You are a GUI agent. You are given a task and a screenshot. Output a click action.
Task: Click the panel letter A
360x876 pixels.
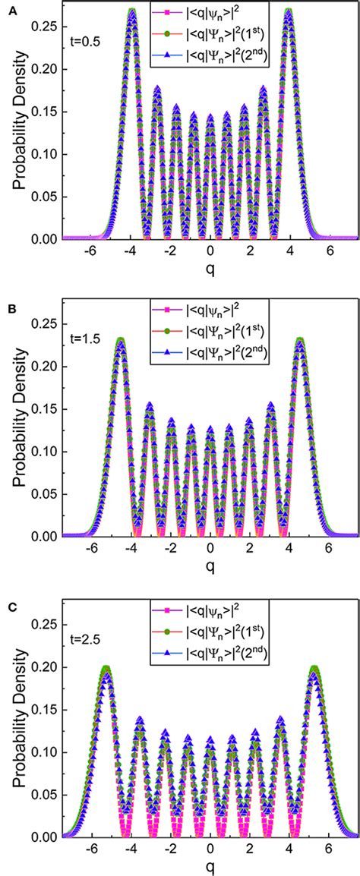tap(7, 8)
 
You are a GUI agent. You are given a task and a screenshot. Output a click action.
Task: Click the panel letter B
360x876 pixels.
tap(7, 302)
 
